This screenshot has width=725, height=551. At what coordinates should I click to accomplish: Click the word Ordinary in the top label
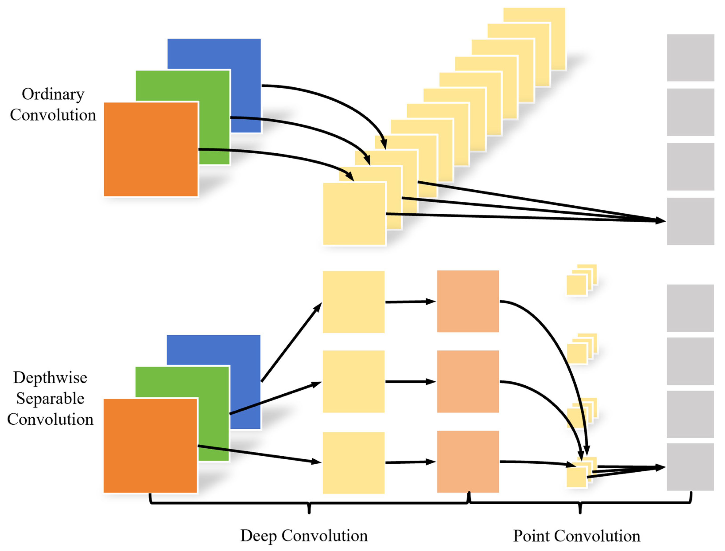coord(53,95)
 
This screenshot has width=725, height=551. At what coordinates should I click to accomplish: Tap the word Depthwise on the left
coord(50,378)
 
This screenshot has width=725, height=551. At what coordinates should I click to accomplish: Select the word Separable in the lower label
coord(50,399)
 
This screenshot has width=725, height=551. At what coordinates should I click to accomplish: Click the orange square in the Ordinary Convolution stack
coord(151,149)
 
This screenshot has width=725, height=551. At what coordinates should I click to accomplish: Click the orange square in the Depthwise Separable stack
coord(150,446)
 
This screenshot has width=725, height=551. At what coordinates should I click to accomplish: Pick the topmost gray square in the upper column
coord(691,58)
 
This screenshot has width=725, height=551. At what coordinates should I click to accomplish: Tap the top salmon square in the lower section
coord(468,301)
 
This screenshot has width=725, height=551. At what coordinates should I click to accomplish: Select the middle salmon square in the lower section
coord(468,381)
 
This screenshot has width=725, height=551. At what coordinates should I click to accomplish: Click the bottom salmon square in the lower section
coord(468,462)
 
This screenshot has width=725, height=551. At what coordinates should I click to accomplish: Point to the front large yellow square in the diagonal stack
coord(354,213)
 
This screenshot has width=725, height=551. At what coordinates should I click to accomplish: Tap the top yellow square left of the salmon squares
coord(354,302)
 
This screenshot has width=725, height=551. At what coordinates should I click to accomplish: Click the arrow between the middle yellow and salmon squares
coord(411,382)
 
